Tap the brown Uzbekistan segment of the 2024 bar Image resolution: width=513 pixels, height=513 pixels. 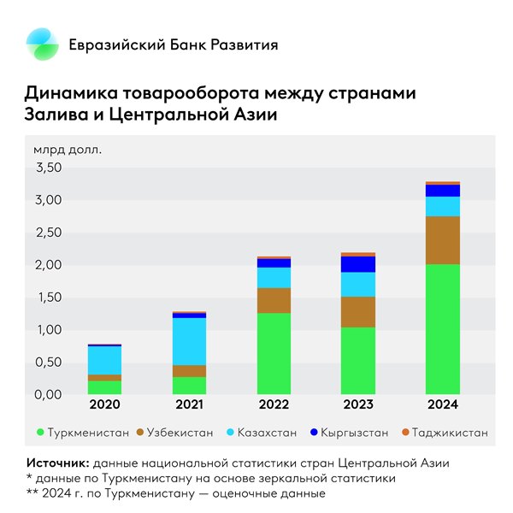(442, 240)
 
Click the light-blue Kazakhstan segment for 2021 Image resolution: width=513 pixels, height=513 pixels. (189, 341)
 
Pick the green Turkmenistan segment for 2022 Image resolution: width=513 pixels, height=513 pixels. (274, 353)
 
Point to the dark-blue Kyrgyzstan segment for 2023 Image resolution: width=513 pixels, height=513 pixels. (357, 264)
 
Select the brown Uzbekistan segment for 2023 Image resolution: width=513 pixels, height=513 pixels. (357, 312)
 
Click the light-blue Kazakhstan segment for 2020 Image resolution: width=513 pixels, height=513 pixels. (105, 360)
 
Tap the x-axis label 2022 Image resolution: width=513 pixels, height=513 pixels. (274, 406)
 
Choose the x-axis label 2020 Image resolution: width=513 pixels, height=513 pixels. (105, 406)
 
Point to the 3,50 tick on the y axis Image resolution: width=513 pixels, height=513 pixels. (48, 168)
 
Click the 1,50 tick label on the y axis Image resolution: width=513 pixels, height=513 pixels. (48, 298)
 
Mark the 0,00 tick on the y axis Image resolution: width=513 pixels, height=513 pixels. (48, 394)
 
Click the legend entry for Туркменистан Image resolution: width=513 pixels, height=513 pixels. (81, 433)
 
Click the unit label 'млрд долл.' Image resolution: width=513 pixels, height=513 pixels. (68, 150)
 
